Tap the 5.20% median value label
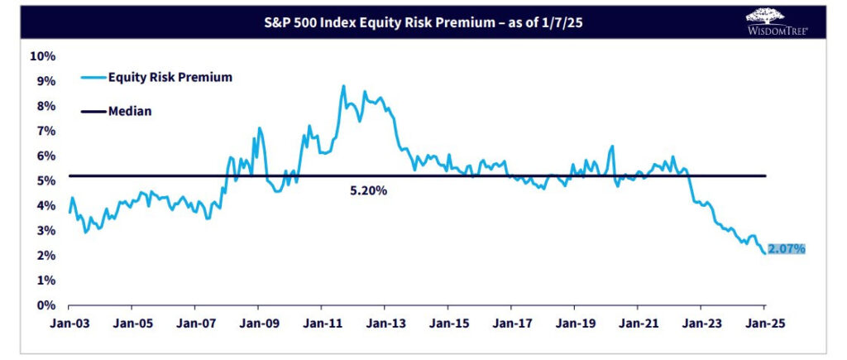pyautogui.click(x=368, y=190)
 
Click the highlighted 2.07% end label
pyautogui.click(x=787, y=248)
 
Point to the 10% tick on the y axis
pyautogui.click(x=42, y=56)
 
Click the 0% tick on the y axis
pyautogui.click(x=45, y=305)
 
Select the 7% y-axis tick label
pyautogui.click(x=45, y=131)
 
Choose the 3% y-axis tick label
pyautogui.click(x=45, y=230)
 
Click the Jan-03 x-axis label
pyautogui.click(x=68, y=325)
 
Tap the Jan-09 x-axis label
pyautogui.click(x=258, y=325)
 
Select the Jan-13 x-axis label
pyautogui.click(x=385, y=325)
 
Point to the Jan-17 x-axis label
pyautogui.click(x=511, y=325)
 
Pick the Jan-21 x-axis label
pyautogui.click(x=638, y=325)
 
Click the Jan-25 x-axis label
pyautogui.click(x=763, y=325)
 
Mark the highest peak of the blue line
pyautogui.click(x=342, y=85)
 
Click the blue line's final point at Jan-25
pyautogui.click(x=764, y=252)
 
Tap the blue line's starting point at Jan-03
pyautogui.click(x=69, y=212)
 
